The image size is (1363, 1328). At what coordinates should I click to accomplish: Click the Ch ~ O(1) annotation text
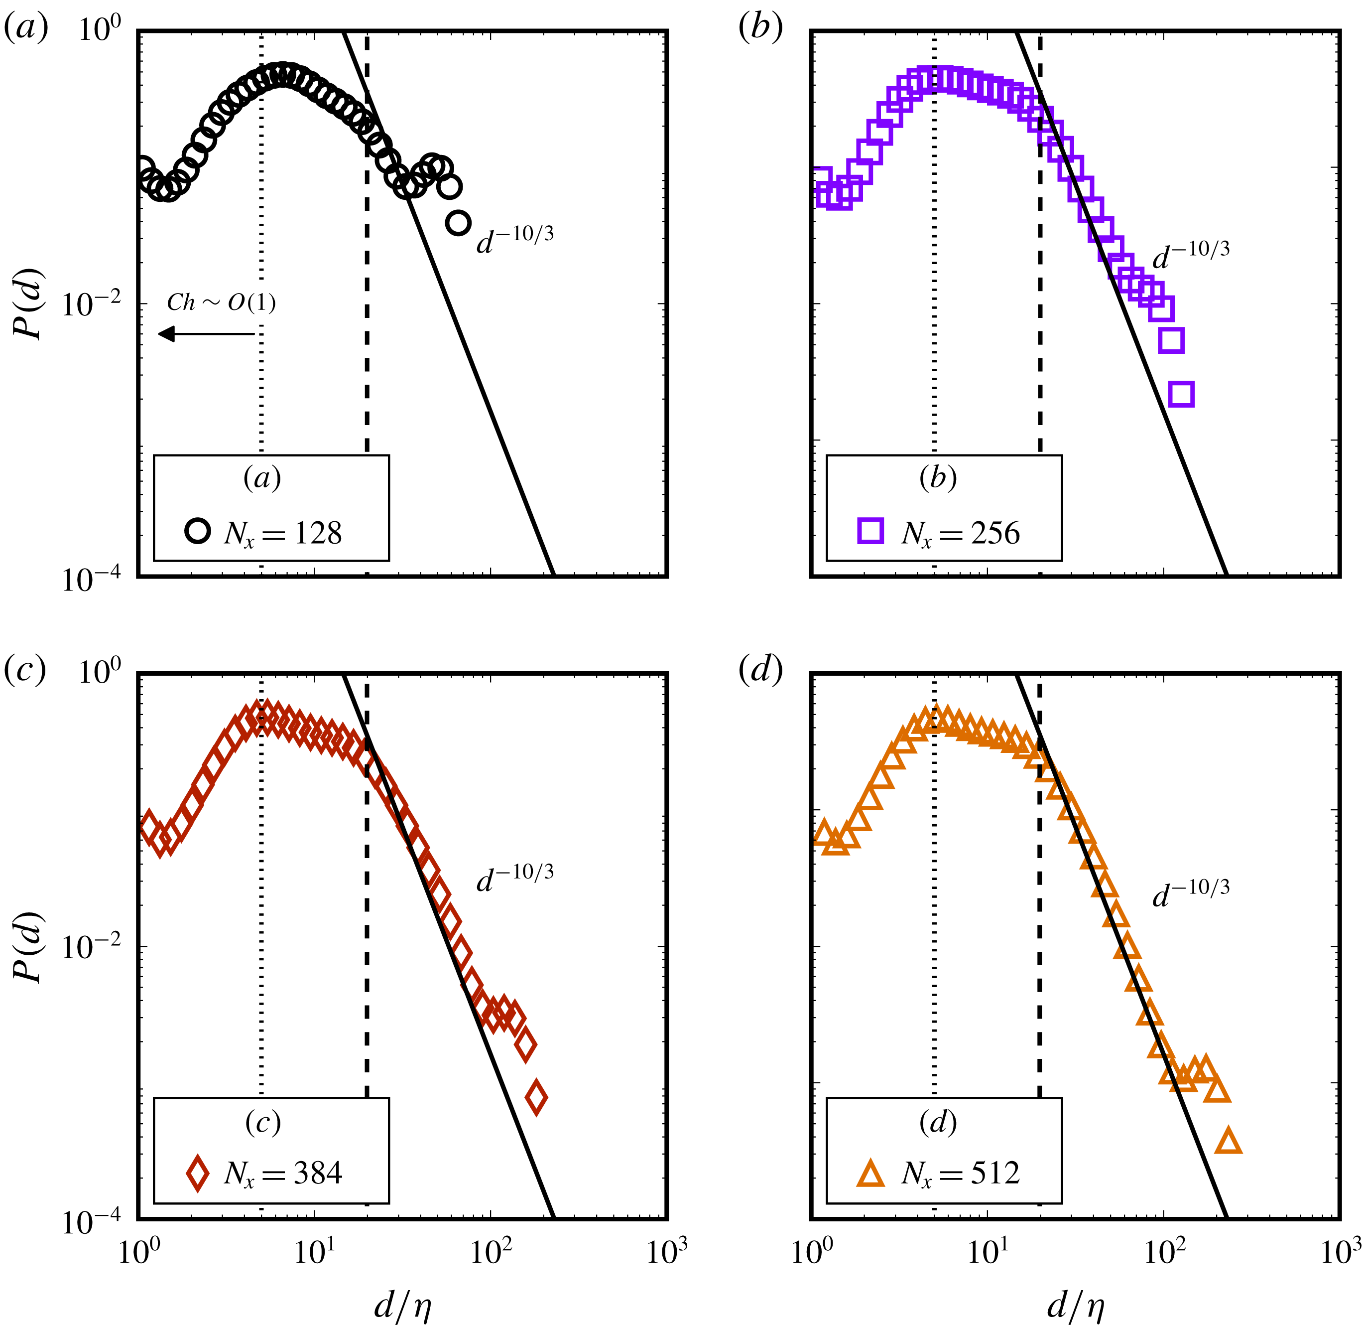[x=221, y=302]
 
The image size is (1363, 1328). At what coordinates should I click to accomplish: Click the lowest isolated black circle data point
[x=458, y=223]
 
